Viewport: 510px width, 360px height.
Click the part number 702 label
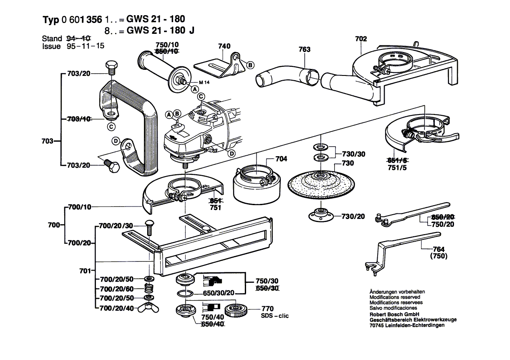click(x=361, y=39)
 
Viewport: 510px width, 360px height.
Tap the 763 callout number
click(x=305, y=49)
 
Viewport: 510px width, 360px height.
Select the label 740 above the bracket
click(x=224, y=46)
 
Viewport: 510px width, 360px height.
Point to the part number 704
click(x=281, y=159)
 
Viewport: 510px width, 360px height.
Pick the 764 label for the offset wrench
click(x=438, y=249)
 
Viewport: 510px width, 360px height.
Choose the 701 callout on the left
click(x=85, y=271)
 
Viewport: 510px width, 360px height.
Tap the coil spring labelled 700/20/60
click(x=148, y=288)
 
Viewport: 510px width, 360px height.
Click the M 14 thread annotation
click(x=204, y=82)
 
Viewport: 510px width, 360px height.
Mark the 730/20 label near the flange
click(x=353, y=216)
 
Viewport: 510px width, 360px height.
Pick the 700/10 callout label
click(x=80, y=207)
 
